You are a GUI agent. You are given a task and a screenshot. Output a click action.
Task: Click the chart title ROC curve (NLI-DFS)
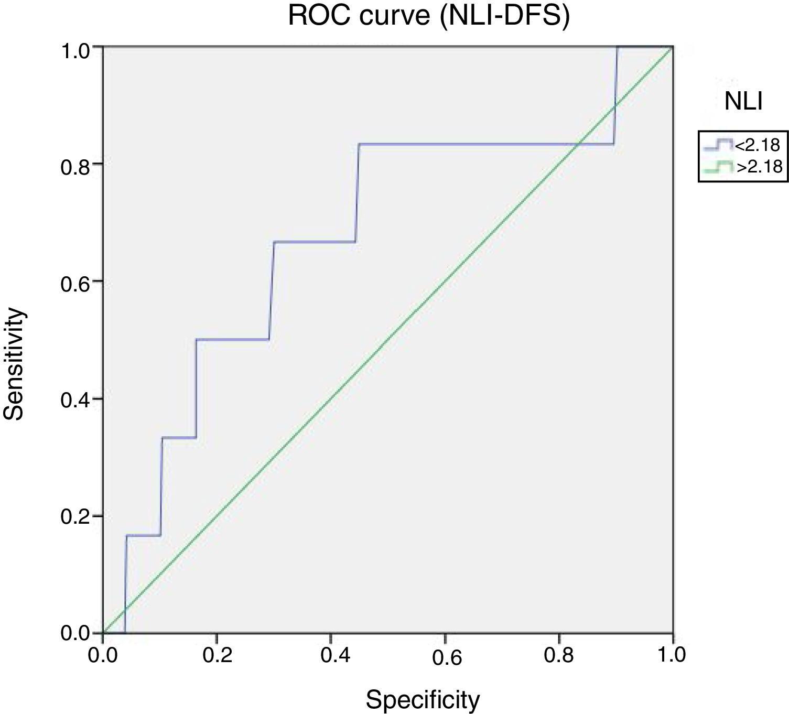(x=428, y=16)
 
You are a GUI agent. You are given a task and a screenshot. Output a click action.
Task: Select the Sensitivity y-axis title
(x=14, y=364)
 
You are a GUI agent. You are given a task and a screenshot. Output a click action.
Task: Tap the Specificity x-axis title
(x=423, y=699)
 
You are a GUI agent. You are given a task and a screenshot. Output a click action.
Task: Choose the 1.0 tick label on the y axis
(x=76, y=51)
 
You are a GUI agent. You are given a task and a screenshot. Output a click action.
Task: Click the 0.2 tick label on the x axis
(x=218, y=655)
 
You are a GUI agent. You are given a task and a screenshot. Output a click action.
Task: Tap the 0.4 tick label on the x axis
(x=331, y=655)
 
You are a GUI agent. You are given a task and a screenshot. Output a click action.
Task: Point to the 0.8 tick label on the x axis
(x=559, y=655)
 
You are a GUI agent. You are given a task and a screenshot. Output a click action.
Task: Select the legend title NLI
(x=743, y=102)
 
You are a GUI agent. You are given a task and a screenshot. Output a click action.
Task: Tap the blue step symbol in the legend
(x=715, y=144)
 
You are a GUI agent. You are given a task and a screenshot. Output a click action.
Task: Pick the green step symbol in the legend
(x=715, y=166)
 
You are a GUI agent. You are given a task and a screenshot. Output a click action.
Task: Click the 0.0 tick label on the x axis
(x=103, y=655)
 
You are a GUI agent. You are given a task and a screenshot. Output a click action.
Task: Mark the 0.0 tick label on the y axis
(x=76, y=633)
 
